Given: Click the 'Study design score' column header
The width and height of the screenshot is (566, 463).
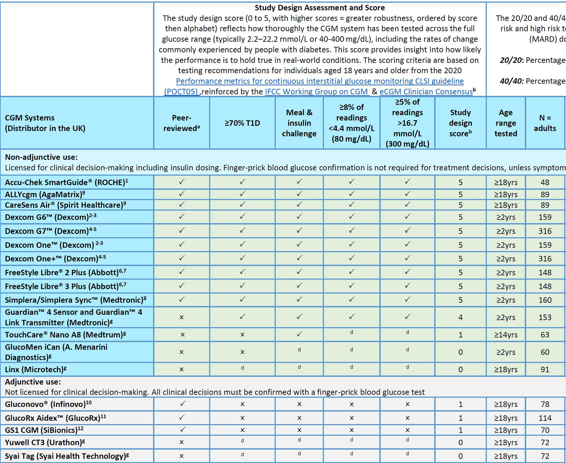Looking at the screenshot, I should (460, 123).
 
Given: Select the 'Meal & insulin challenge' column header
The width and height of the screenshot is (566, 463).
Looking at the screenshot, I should (299, 123).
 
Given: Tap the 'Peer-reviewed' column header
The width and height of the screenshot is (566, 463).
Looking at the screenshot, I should (182, 123).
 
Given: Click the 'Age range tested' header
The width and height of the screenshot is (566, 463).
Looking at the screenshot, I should (506, 123).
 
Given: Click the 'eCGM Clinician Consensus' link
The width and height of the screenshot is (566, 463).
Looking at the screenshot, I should (426, 92).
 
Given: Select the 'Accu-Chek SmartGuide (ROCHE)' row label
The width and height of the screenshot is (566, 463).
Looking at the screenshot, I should (66, 182).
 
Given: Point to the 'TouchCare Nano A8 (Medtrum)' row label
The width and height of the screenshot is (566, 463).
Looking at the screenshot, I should (65, 335).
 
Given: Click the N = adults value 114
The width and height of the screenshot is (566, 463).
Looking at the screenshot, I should (545, 418).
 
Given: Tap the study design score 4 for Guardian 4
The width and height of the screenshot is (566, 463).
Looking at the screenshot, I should (460, 317).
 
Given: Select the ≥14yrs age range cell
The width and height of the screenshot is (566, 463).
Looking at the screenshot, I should (506, 335).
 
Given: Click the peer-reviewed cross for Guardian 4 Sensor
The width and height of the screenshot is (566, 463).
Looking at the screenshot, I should (182, 317).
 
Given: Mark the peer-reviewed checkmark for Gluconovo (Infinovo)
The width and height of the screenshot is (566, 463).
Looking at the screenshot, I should (182, 404).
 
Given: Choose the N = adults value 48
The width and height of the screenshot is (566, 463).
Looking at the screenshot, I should (545, 182).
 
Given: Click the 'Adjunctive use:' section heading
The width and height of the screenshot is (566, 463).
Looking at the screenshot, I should (33, 382).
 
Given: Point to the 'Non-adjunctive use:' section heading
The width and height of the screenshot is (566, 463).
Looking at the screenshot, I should (41, 157).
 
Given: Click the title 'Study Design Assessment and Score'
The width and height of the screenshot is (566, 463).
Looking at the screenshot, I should (320, 8).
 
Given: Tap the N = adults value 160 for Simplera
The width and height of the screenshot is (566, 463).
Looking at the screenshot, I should (545, 300).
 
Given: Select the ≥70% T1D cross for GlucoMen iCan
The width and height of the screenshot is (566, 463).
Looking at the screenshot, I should (242, 352).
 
